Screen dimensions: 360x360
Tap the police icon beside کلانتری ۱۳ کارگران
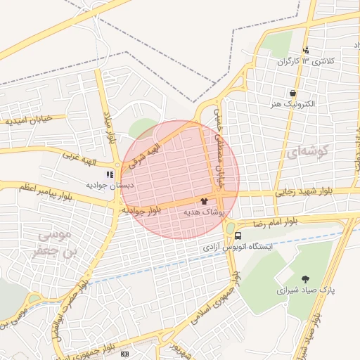[x=306, y=50]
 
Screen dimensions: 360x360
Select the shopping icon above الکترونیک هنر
[x=292, y=93]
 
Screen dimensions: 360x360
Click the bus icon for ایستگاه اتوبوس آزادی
[x=239, y=236]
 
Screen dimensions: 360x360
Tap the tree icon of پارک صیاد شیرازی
[x=305, y=279]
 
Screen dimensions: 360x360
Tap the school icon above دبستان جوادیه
[x=109, y=174]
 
